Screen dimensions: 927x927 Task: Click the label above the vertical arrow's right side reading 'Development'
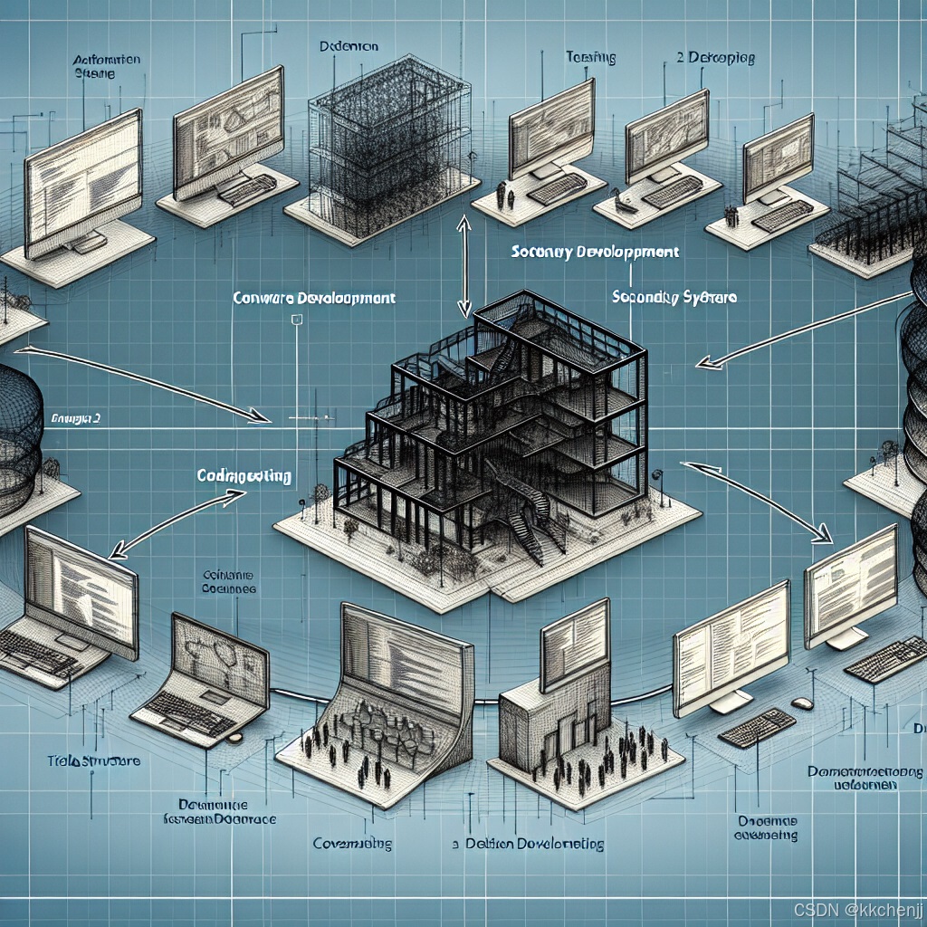click(x=594, y=253)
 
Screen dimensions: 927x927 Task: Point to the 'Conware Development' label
click(x=312, y=297)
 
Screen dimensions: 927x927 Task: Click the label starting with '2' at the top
click(x=715, y=59)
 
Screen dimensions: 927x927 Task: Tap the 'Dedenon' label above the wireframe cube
click(x=349, y=44)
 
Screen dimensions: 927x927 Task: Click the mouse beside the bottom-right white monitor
click(x=802, y=702)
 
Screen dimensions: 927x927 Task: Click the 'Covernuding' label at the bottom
click(x=352, y=844)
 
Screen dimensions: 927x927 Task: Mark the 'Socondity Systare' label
click(x=674, y=296)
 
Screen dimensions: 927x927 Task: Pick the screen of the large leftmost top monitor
click(x=84, y=181)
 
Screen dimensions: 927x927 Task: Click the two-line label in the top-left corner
click(x=106, y=67)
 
